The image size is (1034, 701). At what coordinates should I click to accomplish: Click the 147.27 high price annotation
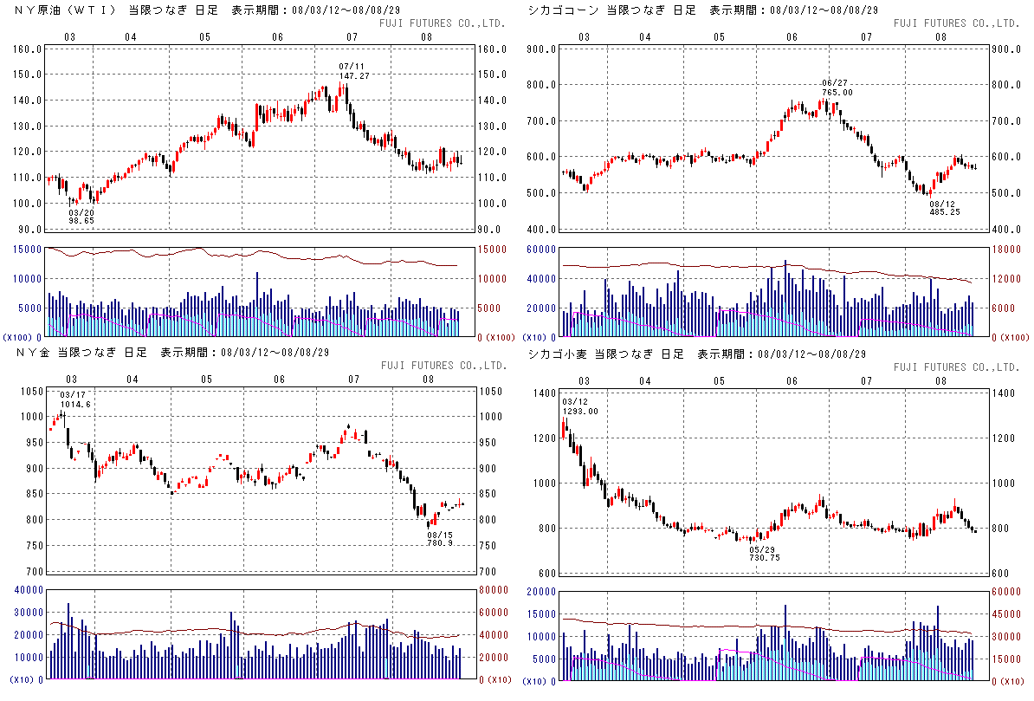tap(353, 76)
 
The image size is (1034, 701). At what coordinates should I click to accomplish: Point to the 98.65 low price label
tap(81, 221)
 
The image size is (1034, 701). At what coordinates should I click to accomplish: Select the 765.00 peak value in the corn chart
tap(837, 93)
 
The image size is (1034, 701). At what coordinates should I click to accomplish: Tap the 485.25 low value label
tap(945, 211)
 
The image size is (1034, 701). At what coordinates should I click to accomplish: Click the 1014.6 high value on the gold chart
tap(74, 404)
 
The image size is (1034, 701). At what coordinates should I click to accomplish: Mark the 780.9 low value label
tap(441, 543)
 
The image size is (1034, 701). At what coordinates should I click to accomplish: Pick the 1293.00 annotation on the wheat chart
tap(579, 411)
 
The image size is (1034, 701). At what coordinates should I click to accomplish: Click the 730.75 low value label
tap(764, 558)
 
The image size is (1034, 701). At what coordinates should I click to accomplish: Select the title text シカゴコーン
tap(561, 10)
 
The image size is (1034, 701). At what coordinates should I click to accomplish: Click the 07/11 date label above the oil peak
tap(352, 66)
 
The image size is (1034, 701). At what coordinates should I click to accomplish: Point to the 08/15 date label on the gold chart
tap(440, 535)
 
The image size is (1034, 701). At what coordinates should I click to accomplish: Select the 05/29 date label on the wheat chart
tap(762, 549)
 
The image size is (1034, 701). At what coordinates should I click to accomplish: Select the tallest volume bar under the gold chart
tap(68, 641)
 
